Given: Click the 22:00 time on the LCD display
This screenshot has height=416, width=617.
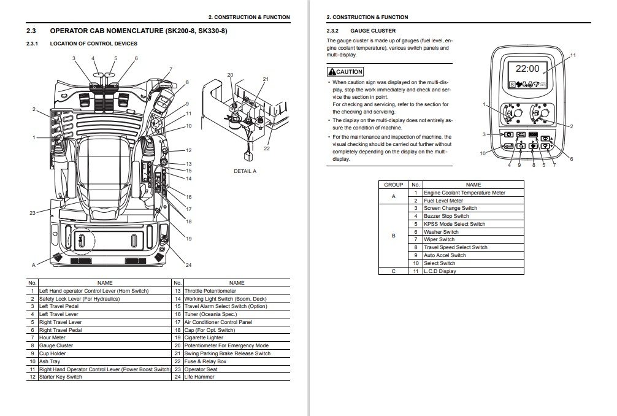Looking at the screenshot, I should click(x=527, y=69).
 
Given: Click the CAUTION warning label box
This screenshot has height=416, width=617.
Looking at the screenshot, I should click(x=345, y=72).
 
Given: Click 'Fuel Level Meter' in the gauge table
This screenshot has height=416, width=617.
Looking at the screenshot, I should click(x=443, y=201).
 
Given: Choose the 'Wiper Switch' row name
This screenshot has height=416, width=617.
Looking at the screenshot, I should click(x=439, y=240).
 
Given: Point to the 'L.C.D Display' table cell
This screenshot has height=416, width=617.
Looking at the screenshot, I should click(x=440, y=271).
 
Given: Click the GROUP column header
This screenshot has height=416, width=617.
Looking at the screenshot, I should click(x=393, y=185).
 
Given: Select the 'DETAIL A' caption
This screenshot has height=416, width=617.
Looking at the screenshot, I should click(x=245, y=171).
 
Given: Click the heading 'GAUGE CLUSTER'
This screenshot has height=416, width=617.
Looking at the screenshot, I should click(x=372, y=30).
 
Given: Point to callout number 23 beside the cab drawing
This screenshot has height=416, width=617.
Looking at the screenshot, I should click(x=33, y=213).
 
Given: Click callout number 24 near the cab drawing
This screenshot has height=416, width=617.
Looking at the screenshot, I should click(x=188, y=264).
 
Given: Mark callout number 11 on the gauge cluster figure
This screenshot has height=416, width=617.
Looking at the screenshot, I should click(x=573, y=55).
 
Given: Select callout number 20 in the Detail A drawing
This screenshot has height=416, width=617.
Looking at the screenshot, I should click(x=230, y=75).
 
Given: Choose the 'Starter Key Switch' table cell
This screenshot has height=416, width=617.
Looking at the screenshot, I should click(x=60, y=377).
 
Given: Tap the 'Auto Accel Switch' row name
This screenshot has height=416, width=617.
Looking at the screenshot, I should click(x=445, y=255).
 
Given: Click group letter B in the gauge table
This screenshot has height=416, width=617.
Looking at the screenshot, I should click(x=393, y=236).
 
